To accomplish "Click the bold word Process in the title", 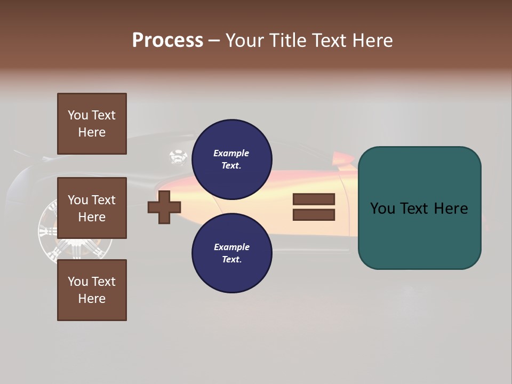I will pyautogui.click(x=167, y=41).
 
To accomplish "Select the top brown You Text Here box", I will pyautogui.click(x=92, y=124).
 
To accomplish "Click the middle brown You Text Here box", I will pyautogui.click(x=92, y=208).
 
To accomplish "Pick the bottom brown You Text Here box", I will pyautogui.click(x=92, y=290).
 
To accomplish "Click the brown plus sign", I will pyautogui.click(x=164, y=207).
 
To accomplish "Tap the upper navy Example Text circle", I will pyautogui.click(x=231, y=159).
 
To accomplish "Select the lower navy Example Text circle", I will pyautogui.click(x=231, y=253).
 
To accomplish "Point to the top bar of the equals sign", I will pyautogui.click(x=314, y=199).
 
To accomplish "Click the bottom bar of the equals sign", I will pyautogui.click(x=314, y=215).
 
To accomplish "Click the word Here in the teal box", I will pyautogui.click(x=451, y=209).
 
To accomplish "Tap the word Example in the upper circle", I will pyautogui.click(x=231, y=153).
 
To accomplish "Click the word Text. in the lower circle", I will pyautogui.click(x=231, y=259).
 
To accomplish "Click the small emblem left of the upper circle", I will pyautogui.click(x=178, y=157).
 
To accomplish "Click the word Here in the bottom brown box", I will pyautogui.click(x=92, y=299).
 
